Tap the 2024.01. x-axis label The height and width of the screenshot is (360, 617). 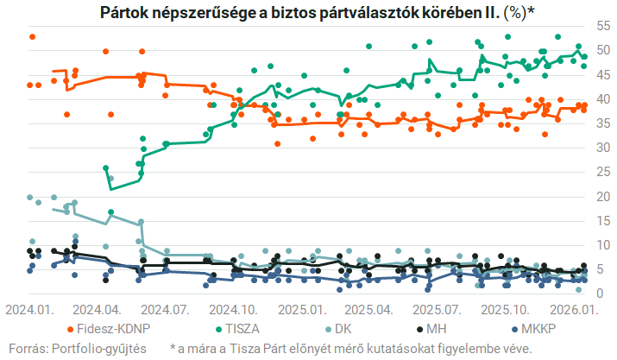click(28, 308)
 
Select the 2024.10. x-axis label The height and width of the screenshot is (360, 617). click(231, 308)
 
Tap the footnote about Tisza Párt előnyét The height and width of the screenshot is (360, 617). click(351, 348)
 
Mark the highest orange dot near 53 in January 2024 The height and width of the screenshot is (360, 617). click(32, 37)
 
